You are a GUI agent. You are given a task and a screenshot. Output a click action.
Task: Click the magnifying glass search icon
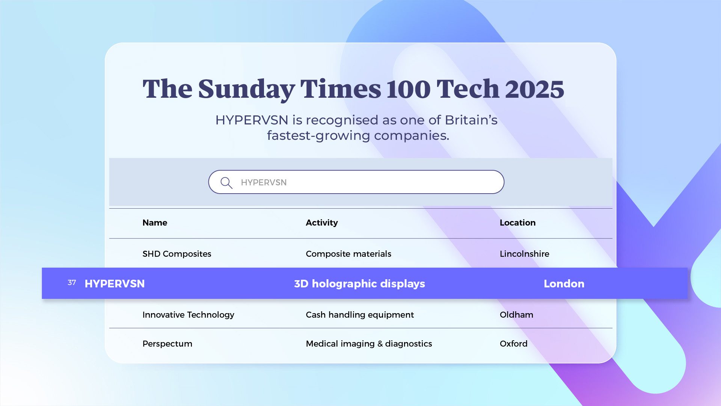[226, 183]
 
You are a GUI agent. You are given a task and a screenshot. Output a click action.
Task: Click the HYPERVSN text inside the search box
[264, 183]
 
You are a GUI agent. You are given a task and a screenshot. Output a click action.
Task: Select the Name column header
[155, 223]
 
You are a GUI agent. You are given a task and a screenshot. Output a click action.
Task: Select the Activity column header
[322, 223]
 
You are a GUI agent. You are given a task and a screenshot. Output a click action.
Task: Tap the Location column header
[517, 223]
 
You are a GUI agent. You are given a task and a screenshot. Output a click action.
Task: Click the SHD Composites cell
[177, 254]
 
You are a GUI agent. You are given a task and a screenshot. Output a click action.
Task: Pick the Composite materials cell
[348, 254]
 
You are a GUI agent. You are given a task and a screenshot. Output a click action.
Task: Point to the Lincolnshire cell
[524, 254]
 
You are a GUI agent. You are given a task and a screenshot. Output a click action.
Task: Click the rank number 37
[72, 283]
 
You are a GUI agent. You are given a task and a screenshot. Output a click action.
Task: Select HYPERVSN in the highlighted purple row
[115, 284]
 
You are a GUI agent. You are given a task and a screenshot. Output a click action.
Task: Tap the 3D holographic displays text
[359, 284]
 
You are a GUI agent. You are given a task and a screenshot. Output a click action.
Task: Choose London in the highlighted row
[564, 284]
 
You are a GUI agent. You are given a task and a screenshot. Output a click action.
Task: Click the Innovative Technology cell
[188, 315]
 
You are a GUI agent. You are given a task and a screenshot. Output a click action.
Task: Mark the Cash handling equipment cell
[360, 315]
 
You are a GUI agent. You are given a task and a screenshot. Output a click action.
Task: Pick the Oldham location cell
[516, 315]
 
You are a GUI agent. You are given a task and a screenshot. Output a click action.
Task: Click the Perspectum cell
[167, 344]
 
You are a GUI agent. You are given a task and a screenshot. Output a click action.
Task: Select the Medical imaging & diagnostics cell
[369, 344]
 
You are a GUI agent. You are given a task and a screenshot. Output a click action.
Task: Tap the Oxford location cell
[513, 344]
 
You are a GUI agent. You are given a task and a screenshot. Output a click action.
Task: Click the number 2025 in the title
[534, 89]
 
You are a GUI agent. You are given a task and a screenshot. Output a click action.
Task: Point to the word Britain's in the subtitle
[471, 120]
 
